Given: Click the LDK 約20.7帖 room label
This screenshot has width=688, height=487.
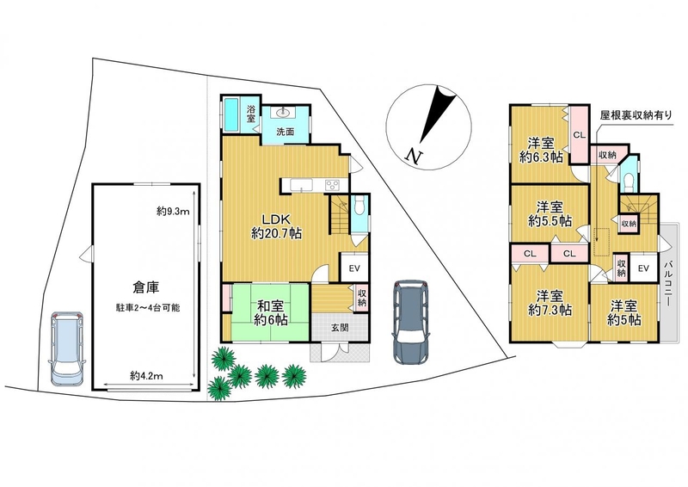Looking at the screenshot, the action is pyautogui.click(x=276, y=226).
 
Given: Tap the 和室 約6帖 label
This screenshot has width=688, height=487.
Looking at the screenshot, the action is pyautogui.click(x=271, y=312).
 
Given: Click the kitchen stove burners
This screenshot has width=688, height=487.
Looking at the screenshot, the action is pyautogui.click(x=333, y=185).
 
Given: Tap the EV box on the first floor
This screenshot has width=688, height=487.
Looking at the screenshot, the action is pyautogui.click(x=354, y=268).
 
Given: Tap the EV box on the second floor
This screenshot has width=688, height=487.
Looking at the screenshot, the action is pyautogui.click(x=643, y=268).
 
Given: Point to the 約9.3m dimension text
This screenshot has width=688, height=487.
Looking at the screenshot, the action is pyautogui.click(x=173, y=212).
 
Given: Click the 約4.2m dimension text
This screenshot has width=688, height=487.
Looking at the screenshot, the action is pyautogui.click(x=146, y=376).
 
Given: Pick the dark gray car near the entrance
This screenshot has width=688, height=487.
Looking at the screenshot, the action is pyautogui.click(x=412, y=323).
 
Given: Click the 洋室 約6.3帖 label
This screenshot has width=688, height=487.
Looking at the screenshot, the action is pyautogui.click(x=541, y=151).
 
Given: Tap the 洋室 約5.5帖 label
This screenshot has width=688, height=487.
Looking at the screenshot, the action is pyautogui.click(x=550, y=213).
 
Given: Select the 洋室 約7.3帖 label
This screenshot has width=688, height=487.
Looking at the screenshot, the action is pyautogui.click(x=550, y=303).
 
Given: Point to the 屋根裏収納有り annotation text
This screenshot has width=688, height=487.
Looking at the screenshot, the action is pyautogui.click(x=636, y=115).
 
